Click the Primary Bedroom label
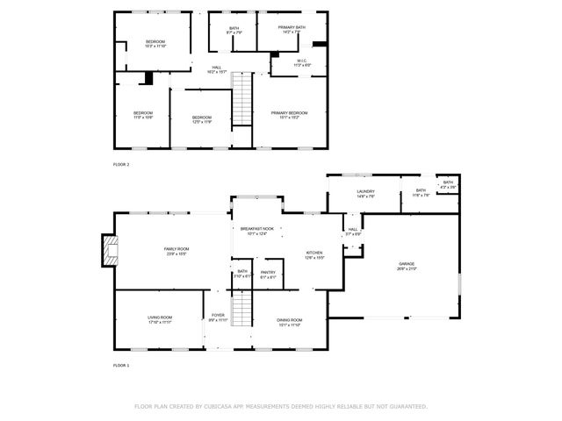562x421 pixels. (x=289, y=114)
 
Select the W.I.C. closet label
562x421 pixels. (x=301, y=62)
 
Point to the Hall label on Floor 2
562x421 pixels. (x=216, y=68)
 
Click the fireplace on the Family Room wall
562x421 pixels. (x=108, y=250)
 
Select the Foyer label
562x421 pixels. (x=218, y=317)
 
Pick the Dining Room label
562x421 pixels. (x=289, y=321)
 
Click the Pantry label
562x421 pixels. (x=268, y=273)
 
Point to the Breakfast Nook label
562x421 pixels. (x=256, y=230)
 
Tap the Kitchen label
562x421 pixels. (x=314, y=253)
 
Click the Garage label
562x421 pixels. (x=407, y=265)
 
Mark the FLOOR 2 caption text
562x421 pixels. (x=121, y=164)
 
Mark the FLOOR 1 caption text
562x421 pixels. (x=121, y=365)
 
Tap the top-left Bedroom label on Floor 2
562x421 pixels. (x=155, y=43)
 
